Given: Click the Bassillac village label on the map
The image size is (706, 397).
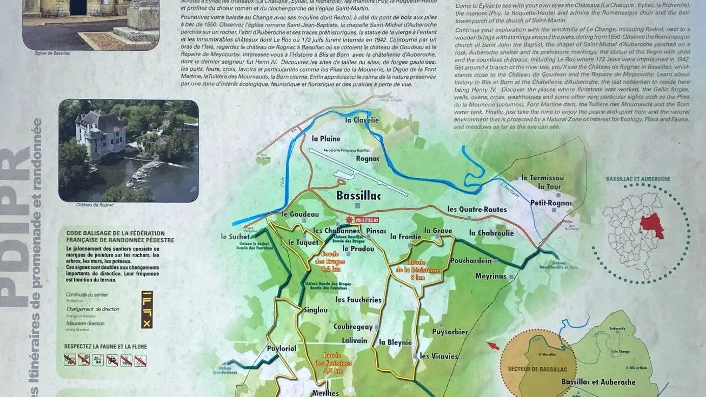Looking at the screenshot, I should [x=358, y=196].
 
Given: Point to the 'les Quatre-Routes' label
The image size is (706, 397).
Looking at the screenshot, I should [x=477, y=210].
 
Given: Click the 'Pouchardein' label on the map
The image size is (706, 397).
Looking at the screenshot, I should [x=471, y=261].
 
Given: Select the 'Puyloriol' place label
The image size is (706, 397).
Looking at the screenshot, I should [x=282, y=348].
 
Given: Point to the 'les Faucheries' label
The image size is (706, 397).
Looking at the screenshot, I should [x=358, y=300].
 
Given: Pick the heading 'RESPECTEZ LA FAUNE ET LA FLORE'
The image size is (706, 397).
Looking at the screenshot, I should [x=105, y=346].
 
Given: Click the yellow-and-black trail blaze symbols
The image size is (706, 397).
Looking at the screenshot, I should [x=146, y=309].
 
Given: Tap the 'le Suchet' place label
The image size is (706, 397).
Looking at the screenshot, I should [x=235, y=237].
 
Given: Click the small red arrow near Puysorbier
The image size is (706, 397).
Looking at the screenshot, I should [x=492, y=345].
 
